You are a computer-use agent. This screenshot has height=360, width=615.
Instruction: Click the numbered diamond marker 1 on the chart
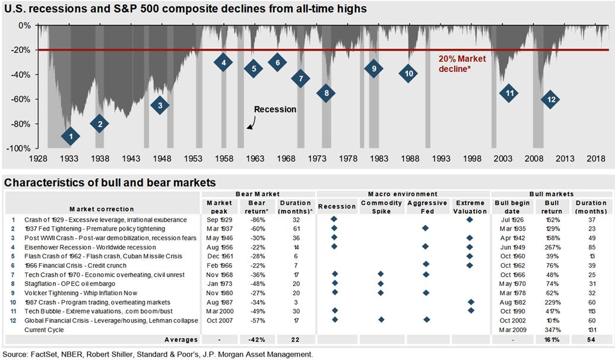point(71,136)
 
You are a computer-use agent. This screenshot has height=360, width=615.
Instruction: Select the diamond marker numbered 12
point(551,99)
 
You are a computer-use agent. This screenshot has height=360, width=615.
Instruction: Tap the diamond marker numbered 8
point(326,93)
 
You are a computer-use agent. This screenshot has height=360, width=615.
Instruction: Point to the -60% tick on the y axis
point(23,99)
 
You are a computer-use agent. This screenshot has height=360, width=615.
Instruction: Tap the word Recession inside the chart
point(275,109)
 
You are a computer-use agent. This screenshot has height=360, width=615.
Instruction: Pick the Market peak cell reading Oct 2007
point(219,321)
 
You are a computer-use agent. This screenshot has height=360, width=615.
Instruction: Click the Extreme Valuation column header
point(470,207)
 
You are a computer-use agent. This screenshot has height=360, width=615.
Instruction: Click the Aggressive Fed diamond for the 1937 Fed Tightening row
point(426,228)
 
